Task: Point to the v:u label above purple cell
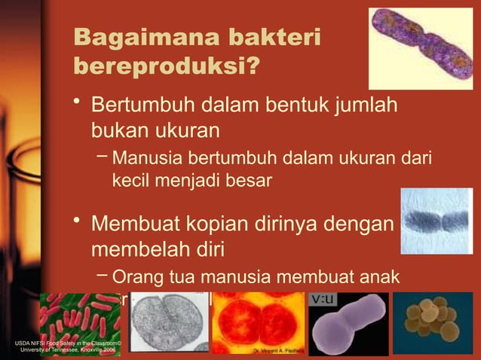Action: click(324, 299)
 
